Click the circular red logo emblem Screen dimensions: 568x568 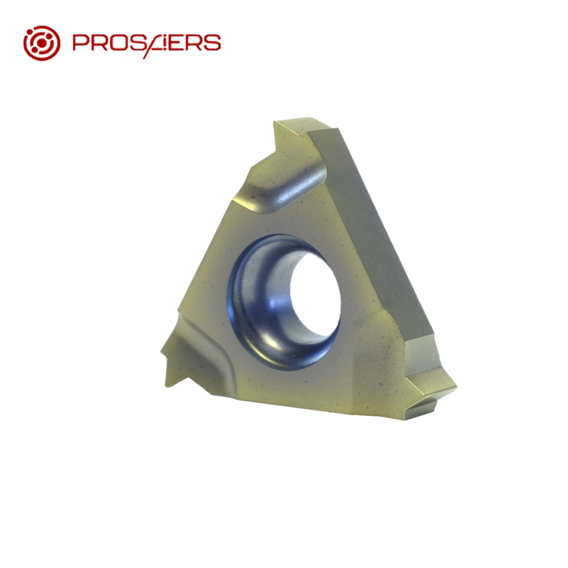pyautogui.click(x=42, y=43)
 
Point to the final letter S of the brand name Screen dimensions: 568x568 pyautogui.click(x=213, y=42)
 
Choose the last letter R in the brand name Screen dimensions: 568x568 pyautogui.click(x=192, y=42)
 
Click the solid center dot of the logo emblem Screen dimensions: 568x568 pyautogui.click(x=42, y=43)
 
